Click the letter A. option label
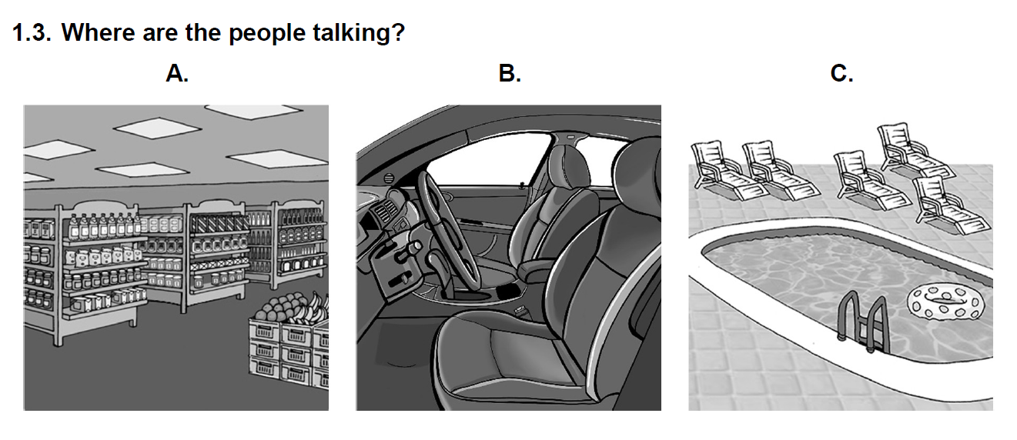(177, 73)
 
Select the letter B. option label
(510, 73)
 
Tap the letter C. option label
(841, 73)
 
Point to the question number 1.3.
(32, 32)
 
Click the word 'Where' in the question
(99, 32)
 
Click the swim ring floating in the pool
(945, 302)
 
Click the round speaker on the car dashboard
(388, 178)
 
